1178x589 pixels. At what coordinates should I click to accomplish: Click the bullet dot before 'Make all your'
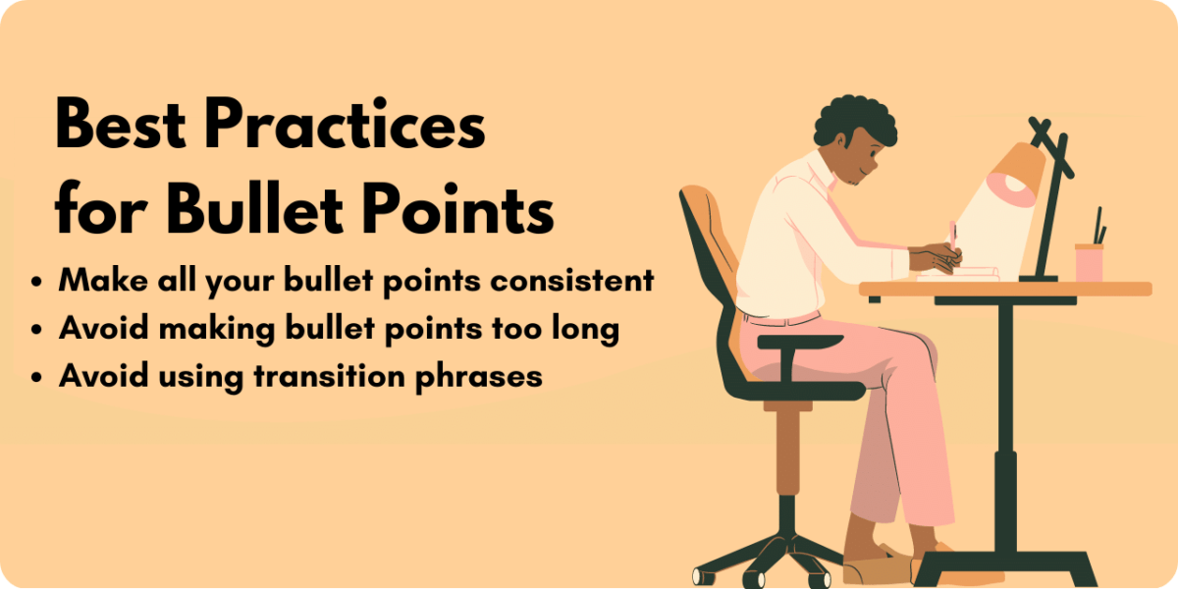click(37, 282)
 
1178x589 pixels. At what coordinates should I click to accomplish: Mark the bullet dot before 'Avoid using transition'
click(37, 377)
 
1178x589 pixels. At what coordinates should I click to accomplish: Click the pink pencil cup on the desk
click(1089, 262)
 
